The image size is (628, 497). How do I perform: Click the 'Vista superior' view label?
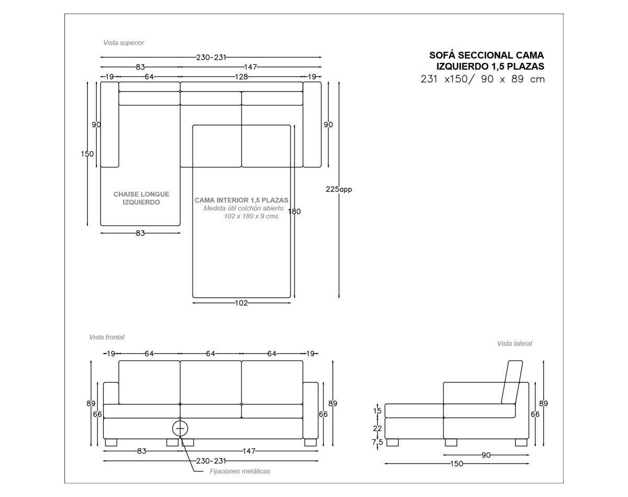124,43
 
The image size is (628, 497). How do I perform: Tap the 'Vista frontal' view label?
107,337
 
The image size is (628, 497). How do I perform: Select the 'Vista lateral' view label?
514,344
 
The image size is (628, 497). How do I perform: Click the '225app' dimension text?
339,189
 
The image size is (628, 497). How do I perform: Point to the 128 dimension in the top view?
241,77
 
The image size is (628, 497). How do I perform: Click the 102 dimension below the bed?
241,303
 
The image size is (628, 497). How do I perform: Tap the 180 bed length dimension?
294,211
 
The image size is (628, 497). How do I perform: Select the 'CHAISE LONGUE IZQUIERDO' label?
141,198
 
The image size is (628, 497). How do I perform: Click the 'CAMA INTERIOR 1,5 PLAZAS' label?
241,200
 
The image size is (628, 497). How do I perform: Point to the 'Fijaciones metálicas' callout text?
240,471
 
